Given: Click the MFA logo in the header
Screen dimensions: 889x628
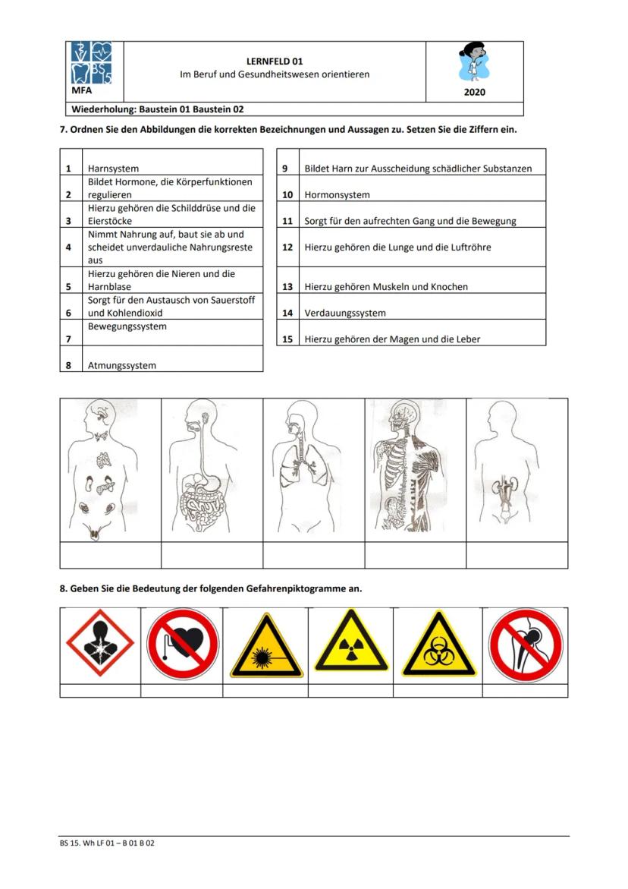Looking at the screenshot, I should pos(91,66).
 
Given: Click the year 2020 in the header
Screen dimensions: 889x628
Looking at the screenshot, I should pos(474,93).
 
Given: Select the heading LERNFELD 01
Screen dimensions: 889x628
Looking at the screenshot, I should pos(275,61).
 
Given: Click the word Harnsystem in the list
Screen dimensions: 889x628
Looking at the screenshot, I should pos(113,169).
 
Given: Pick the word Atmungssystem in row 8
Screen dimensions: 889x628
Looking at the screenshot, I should pos(121,365).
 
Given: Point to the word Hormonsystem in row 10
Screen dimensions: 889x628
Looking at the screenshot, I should pos(337,195).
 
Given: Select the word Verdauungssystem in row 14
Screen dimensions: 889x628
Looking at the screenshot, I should pos(345,313).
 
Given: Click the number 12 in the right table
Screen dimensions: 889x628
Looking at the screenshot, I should pos(287,247).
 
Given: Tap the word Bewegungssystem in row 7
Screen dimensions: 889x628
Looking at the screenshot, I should pos(127,326).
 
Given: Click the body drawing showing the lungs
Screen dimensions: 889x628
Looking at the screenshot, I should pos(313,469).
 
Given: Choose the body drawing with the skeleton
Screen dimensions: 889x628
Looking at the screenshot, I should pos(414,469).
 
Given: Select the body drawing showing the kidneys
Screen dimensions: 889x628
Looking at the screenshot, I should pos(516,469).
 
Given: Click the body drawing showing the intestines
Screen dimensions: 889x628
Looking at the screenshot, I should pos(212,469).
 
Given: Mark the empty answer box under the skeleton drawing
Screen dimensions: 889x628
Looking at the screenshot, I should pos(415,555).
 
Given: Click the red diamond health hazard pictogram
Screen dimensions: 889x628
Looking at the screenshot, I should pos(100,644).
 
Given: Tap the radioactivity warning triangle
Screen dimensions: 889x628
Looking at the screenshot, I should pos(350,642).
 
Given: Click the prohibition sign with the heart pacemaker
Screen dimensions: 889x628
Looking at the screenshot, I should pos(182,644).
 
